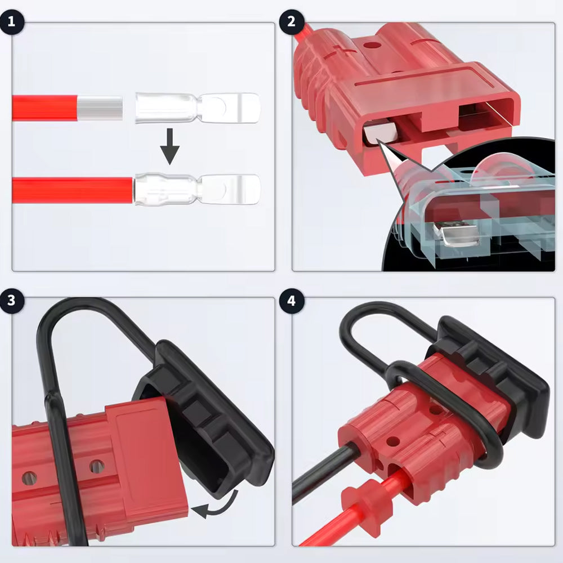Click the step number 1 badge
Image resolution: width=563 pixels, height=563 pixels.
[x=12, y=21]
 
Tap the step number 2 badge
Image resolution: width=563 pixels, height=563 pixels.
[x=291, y=21]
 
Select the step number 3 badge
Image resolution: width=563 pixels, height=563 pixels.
[x=12, y=301]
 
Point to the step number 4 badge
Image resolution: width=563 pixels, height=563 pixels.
[x=291, y=301]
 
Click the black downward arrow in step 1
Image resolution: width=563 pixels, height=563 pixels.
[x=170, y=146]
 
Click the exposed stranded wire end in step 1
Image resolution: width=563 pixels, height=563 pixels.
[x=100, y=108]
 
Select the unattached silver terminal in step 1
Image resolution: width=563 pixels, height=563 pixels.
[x=197, y=108]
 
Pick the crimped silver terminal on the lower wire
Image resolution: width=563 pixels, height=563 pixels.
[x=197, y=189]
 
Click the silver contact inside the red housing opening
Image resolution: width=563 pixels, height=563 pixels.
[x=381, y=133]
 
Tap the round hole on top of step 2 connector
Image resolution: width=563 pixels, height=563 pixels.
[x=373, y=46]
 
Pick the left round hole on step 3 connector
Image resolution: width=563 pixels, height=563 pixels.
[x=29, y=478]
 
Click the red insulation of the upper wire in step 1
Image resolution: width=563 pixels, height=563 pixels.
[x=45, y=108]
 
